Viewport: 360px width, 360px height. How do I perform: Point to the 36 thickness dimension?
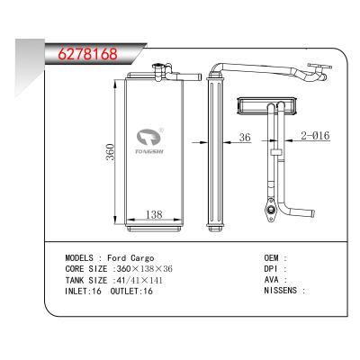(x=244, y=139)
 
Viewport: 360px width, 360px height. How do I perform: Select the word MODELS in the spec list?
(x=83, y=257)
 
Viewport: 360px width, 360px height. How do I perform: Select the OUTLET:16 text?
(x=132, y=290)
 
